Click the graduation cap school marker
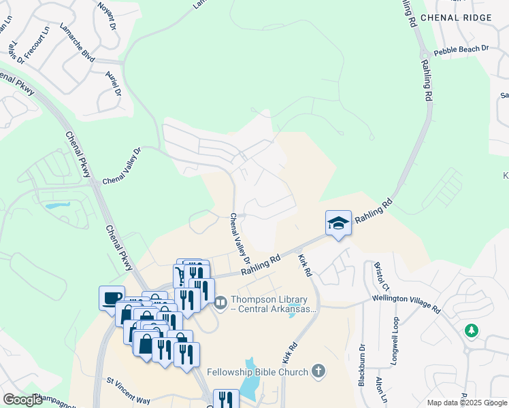[x=338, y=223]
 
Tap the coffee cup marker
[x=112, y=297]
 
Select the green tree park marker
[x=470, y=330]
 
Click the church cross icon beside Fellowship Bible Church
[x=317, y=371]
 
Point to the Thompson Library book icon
[x=220, y=301]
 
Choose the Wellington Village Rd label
[x=406, y=304]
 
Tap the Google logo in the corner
[x=22, y=400]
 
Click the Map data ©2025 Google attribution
[x=467, y=403]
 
